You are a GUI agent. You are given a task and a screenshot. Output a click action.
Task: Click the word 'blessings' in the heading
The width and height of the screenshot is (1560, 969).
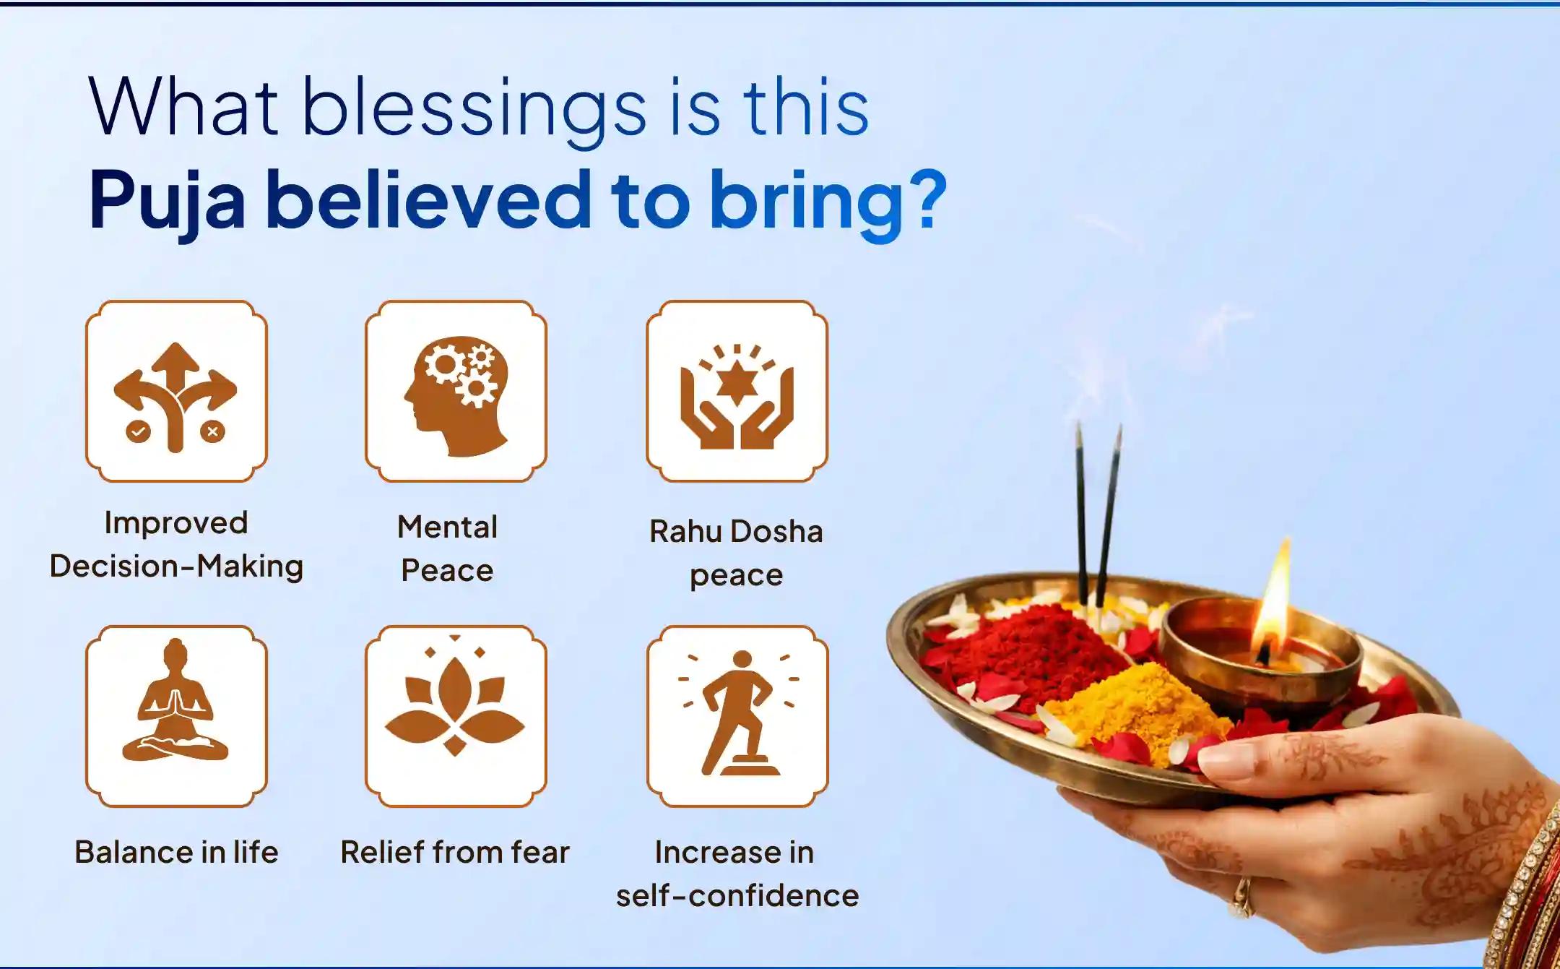473,108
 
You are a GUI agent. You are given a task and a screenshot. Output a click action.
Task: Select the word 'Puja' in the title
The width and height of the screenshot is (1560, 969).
167,201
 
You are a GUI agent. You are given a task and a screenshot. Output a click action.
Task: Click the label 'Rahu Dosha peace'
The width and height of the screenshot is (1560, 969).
736,553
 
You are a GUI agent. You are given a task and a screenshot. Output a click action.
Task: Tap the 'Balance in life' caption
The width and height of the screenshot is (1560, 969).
176,852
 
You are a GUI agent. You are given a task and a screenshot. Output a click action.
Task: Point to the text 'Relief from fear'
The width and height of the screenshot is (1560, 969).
455,852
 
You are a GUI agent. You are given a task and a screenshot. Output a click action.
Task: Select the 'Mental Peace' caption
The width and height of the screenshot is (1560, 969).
448,548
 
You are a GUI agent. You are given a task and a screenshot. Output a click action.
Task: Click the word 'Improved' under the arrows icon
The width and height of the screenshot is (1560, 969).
176,522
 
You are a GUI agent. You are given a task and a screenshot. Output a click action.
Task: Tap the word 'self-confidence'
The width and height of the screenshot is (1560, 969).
737,896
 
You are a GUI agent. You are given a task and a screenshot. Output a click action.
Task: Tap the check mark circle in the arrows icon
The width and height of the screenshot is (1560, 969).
138,432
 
